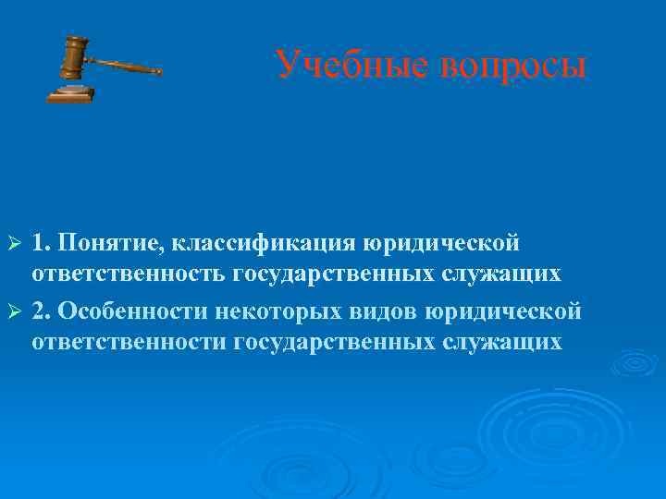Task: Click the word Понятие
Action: coord(102,242)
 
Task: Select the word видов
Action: coord(388,310)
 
